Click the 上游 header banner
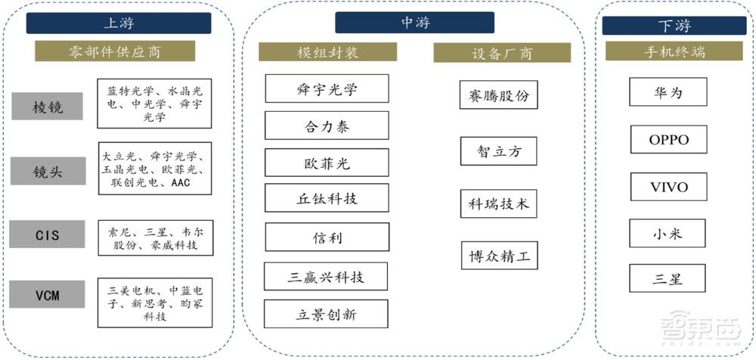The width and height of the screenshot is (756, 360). [x=118, y=23]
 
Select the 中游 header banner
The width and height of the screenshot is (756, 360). [x=415, y=23]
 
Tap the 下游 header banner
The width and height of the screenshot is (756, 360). [x=674, y=26]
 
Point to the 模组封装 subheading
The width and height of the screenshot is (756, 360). [x=327, y=52]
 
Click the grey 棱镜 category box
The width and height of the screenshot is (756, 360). [x=48, y=107]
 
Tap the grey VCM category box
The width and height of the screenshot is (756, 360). [x=48, y=294]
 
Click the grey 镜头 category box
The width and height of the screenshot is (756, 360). [x=48, y=172]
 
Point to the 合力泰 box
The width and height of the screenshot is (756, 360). [x=327, y=126]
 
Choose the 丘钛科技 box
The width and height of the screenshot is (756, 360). [x=327, y=199]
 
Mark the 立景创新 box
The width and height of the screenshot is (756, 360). [x=327, y=314]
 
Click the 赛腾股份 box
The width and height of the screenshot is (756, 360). [x=498, y=97]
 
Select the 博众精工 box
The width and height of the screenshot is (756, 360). [x=498, y=256]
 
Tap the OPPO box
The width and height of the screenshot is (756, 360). [x=668, y=140]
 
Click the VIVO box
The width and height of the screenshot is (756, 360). [x=668, y=187]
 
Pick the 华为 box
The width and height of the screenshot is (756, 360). [x=668, y=93]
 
